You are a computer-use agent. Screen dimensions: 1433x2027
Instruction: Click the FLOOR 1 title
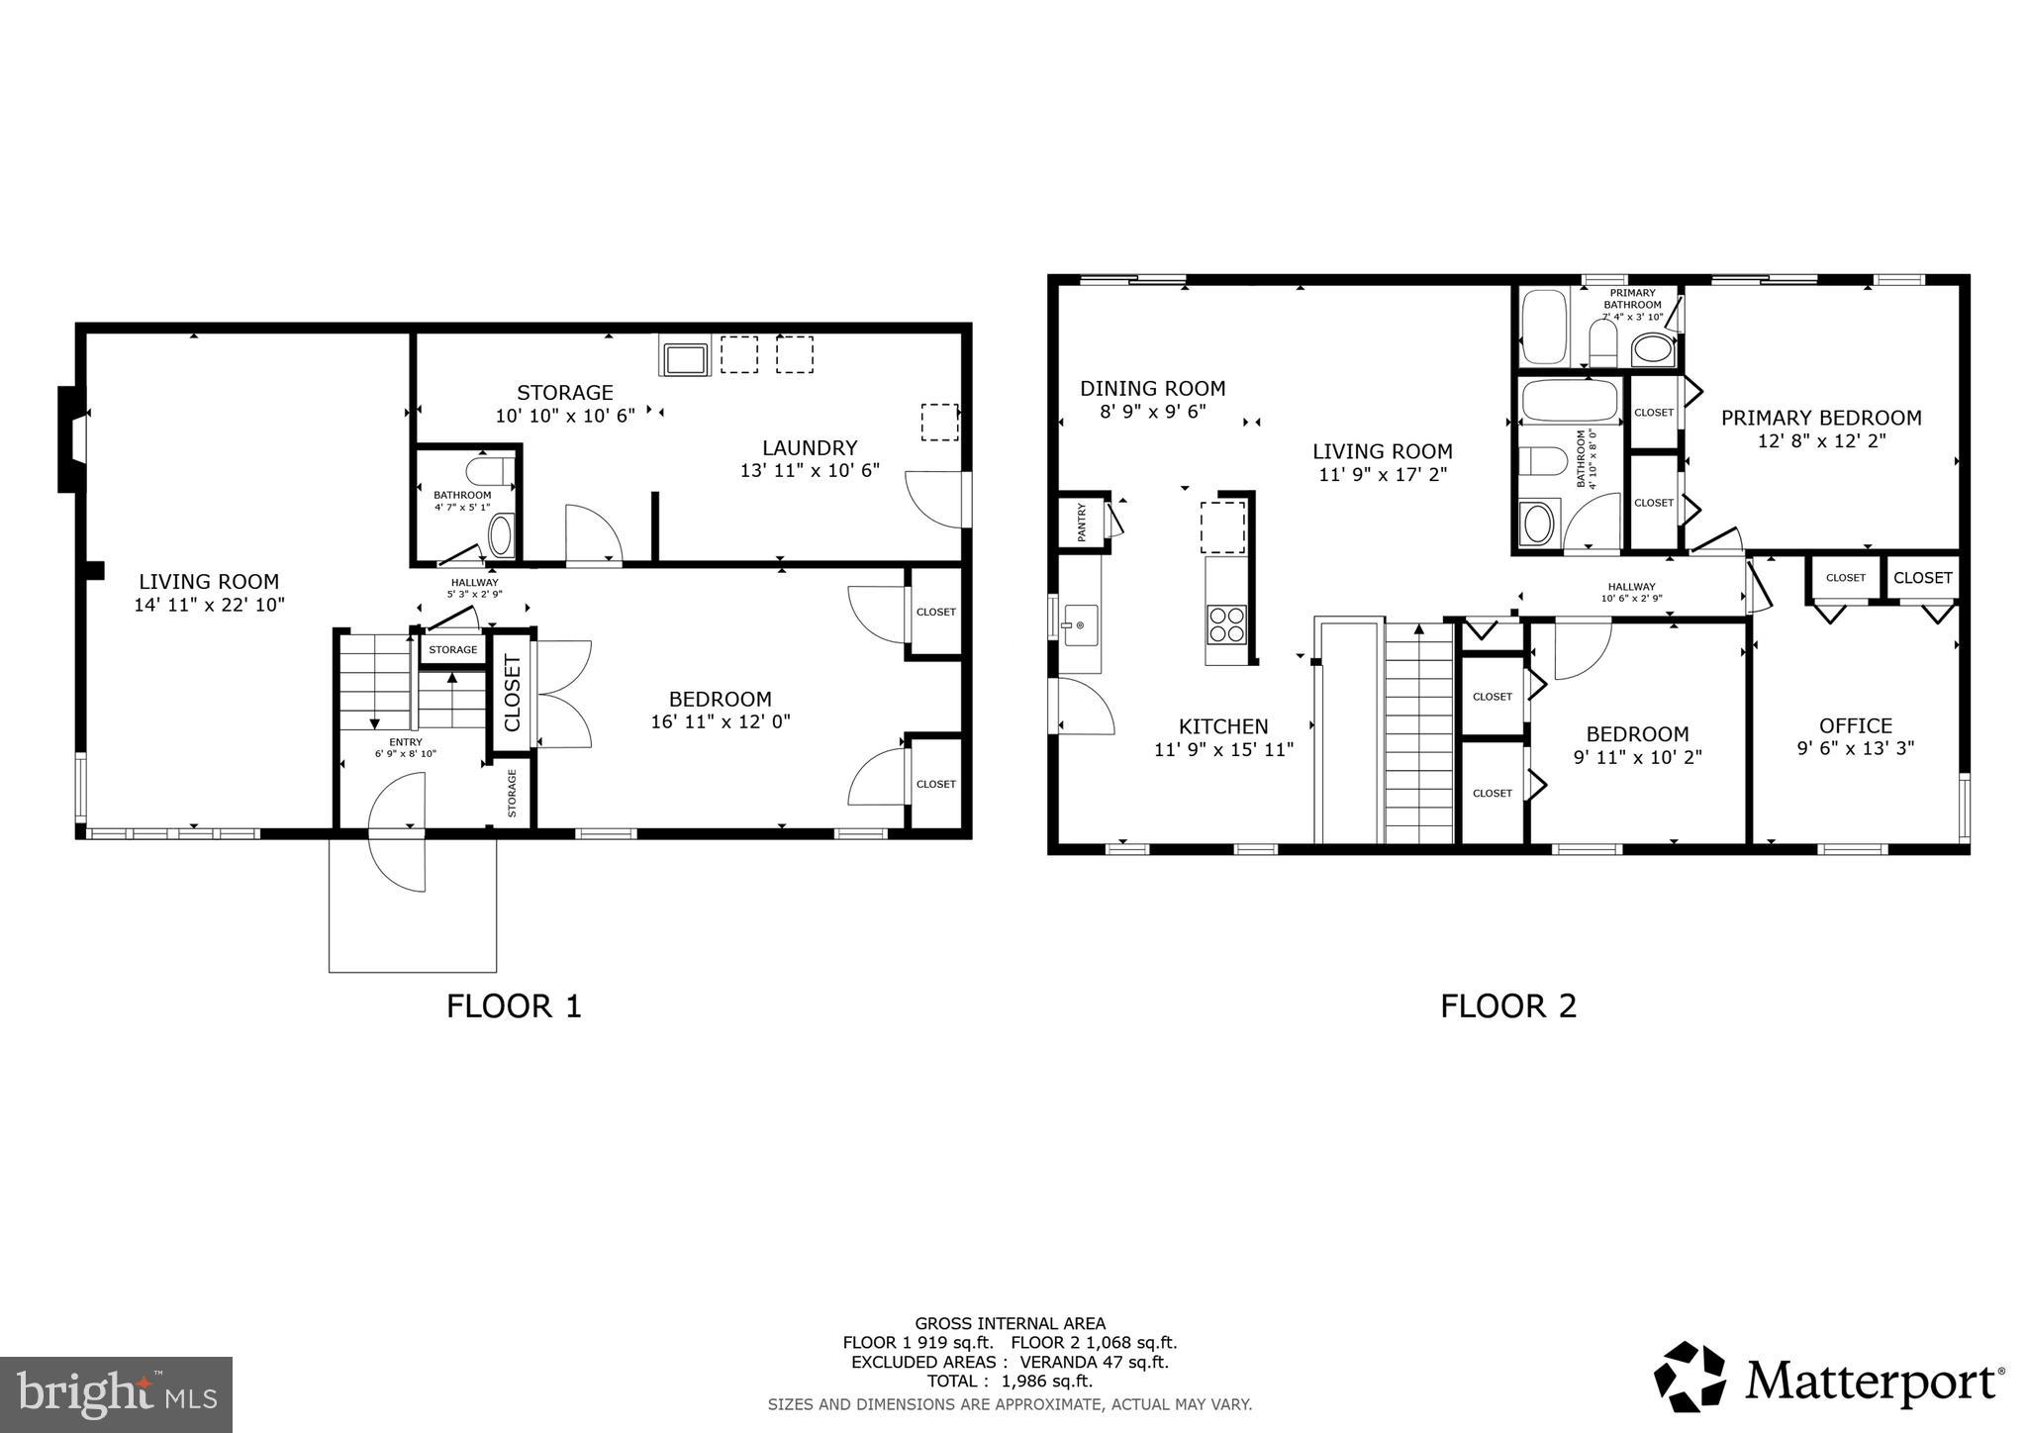point(514,1006)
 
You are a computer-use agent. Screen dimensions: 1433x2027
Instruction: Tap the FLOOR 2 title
point(1507,1006)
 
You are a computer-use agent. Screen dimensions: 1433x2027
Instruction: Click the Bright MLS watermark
point(116,1394)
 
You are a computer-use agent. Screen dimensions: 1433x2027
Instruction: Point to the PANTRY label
point(1081,522)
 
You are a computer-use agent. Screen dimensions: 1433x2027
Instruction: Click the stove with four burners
point(1225,623)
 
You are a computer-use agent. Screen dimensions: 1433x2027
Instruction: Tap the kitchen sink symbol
point(1078,624)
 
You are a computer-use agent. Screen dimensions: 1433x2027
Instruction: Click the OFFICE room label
point(1855,725)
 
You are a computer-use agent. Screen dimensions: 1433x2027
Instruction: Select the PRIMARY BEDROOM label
point(1821,418)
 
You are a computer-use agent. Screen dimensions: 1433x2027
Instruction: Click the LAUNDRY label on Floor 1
point(810,447)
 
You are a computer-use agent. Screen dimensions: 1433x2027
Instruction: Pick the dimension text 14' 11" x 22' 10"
point(209,605)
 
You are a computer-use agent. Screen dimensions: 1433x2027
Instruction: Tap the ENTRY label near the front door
point(406,742)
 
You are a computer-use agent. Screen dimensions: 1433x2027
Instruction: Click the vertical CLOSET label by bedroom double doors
point(513,693)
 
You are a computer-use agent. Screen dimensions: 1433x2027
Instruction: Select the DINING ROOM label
point(1152,388)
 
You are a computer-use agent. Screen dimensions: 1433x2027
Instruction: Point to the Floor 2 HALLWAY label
point(1631,587)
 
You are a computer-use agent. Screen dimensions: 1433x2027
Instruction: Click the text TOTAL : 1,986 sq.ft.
point(1010,1382)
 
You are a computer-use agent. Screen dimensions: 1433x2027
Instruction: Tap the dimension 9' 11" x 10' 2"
point(1637,757)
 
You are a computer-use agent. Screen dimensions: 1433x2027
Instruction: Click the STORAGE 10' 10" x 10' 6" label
point(565,404)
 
